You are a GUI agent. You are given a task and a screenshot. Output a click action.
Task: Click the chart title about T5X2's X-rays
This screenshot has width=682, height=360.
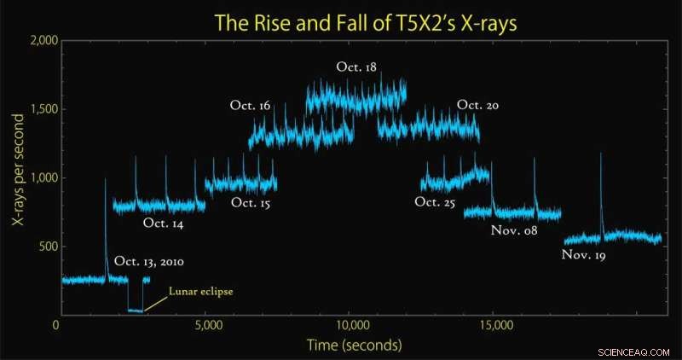[x=366, y=23]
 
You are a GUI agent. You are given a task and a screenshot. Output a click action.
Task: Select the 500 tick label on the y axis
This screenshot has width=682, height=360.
[x=49, y=247]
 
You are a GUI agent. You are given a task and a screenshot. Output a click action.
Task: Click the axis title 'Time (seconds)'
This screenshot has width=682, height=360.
[x=355, y=345]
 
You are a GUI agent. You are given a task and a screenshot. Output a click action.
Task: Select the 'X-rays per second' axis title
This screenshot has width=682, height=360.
[x=18, y=171]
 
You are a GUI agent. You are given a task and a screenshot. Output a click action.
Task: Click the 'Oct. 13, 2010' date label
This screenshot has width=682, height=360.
[x=149, y=262]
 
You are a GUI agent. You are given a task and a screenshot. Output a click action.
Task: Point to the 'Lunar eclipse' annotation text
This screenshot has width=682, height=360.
[x=201, y=291]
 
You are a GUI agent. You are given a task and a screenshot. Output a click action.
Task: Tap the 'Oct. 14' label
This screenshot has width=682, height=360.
[x=163, y=224]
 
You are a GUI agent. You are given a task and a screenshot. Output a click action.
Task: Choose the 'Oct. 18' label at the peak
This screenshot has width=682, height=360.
[x=356, y=67]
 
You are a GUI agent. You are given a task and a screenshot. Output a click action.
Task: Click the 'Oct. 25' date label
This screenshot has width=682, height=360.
[x=435, y=202]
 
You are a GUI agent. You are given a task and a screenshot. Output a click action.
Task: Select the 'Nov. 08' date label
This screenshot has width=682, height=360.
[x=514, y=230]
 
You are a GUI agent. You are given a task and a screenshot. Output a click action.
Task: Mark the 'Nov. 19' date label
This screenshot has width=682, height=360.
[x=584, y=255]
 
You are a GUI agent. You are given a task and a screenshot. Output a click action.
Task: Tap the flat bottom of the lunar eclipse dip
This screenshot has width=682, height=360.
[x=136, y=311]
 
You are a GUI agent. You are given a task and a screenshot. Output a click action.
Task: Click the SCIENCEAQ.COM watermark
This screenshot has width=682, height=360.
[x=633, y=351]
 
